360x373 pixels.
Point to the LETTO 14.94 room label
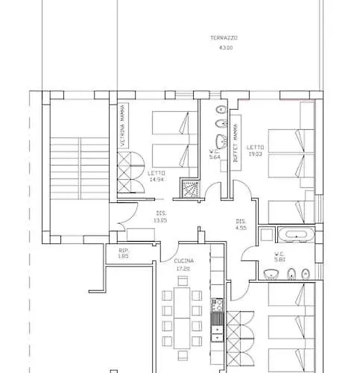click(156, 177)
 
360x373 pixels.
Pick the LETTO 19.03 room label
click(256, 151)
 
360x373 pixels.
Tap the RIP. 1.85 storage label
click(123, 254)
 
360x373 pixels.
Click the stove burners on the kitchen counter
click(217, 306)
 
